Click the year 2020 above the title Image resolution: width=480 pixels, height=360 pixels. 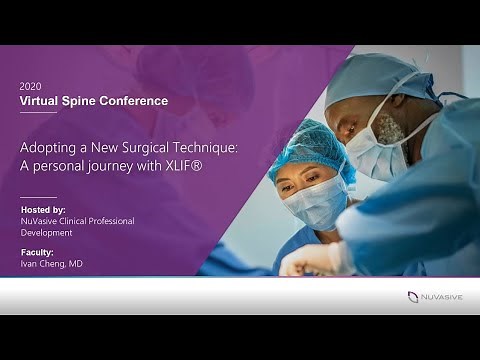pyautogui.click(x=31, y=87)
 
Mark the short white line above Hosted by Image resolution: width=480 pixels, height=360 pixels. pyautogui.click(x=38, y=196)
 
